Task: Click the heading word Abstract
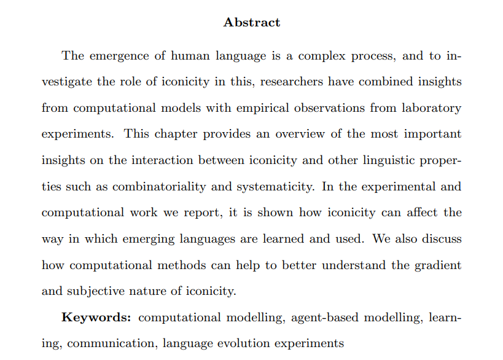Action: tap(252, 23)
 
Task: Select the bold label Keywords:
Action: tap(96, 318)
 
